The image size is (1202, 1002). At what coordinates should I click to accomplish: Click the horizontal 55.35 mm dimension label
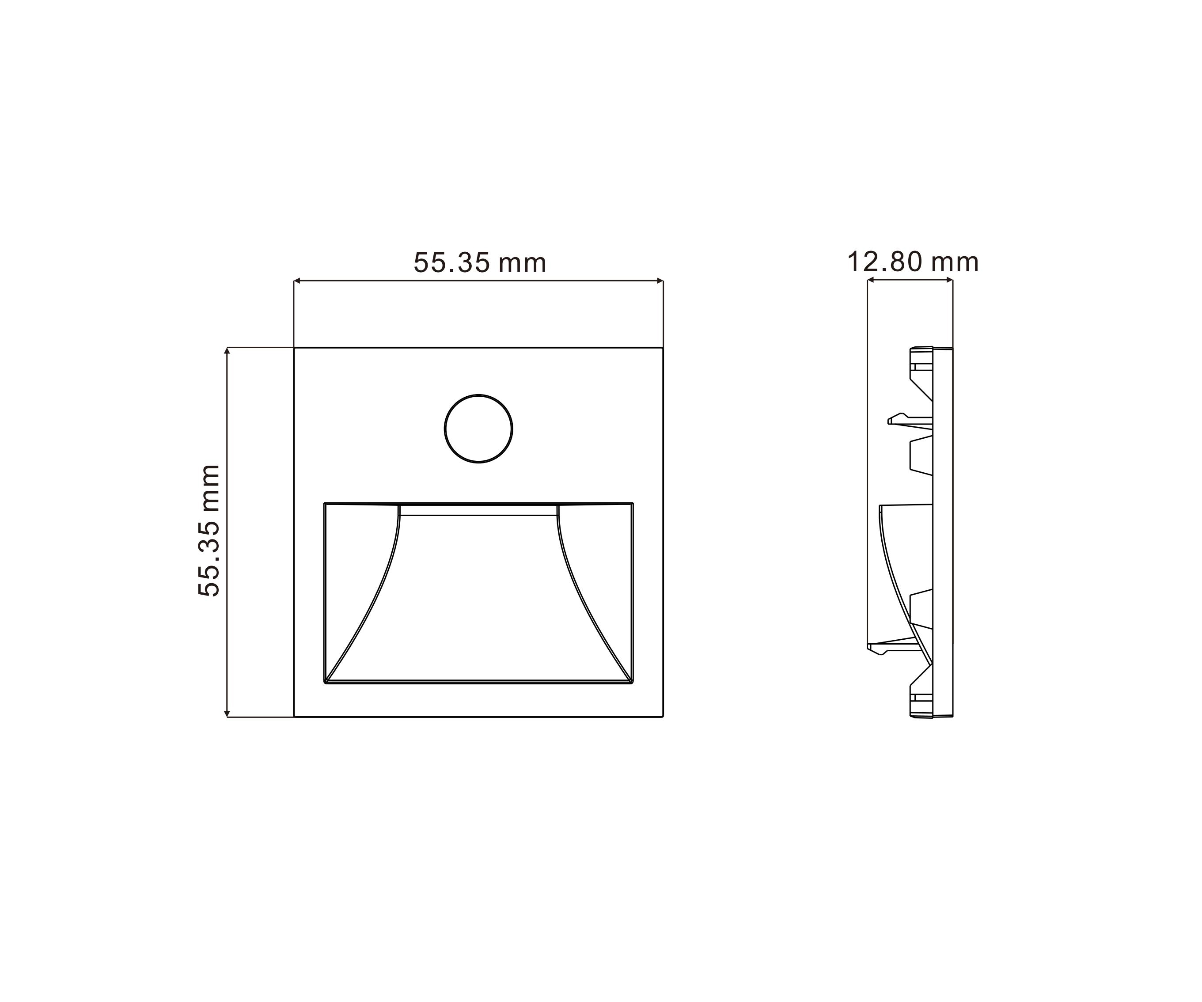point(480,263)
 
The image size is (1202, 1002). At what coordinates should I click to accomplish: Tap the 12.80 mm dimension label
point(912,262)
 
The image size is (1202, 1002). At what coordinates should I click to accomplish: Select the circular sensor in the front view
point(478,428)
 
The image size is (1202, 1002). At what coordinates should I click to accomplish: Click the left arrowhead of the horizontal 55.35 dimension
point(297,281)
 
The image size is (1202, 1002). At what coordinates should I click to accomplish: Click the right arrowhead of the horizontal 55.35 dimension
point(660,281)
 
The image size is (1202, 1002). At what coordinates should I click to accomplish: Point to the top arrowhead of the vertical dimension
point(227,351)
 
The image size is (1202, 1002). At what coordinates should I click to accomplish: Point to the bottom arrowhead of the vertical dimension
point(227,713)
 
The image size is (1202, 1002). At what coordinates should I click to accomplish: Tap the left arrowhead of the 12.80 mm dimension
point(871,280)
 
